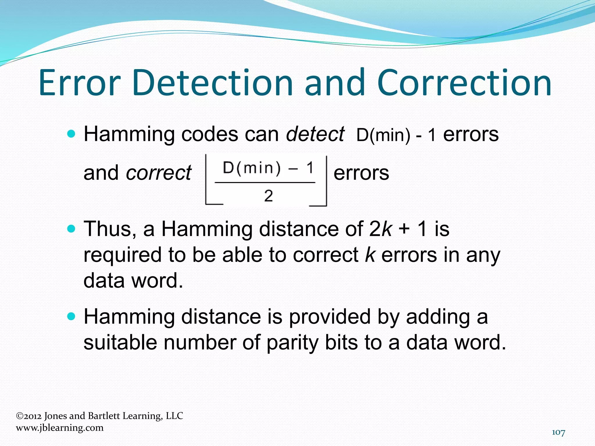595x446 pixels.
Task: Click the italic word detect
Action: coord(315,134)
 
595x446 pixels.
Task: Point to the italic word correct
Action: coord(159,173)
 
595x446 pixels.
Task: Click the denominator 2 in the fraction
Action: coord(268,196)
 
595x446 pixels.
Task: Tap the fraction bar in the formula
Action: coord(265,183)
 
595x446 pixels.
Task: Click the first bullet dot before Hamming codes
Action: coord(71,134)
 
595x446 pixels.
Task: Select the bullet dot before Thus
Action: coord(71,229)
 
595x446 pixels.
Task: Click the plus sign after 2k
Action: coord(404,229)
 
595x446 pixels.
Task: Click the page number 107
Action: coord(558,432)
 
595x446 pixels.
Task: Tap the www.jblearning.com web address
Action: coord(60,428)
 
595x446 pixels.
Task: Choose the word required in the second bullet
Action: coord(122,255)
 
